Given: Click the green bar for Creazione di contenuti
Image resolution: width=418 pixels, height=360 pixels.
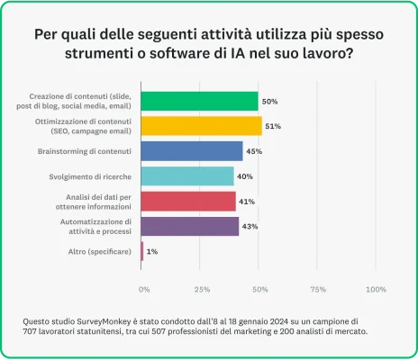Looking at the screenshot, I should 199,101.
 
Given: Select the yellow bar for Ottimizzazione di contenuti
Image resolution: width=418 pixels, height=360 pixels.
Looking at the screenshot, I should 201,126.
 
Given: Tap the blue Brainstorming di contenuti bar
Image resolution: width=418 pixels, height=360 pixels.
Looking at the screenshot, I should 192,151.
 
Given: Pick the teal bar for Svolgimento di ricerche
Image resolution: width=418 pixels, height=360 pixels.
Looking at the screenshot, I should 186,176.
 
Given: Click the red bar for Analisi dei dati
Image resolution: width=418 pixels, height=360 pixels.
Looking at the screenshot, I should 188,201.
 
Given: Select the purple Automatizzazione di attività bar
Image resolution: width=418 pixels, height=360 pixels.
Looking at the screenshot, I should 190,226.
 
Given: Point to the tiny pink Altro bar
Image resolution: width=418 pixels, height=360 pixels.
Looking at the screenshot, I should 142,251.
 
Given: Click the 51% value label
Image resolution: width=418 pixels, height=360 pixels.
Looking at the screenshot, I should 274,126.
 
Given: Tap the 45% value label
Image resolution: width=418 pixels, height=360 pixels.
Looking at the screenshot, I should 254,151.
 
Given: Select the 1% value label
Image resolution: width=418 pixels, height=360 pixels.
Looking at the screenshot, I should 152,251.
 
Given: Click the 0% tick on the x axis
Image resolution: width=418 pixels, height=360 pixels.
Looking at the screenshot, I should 144,290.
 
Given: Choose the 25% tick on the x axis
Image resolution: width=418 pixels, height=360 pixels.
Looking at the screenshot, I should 203,290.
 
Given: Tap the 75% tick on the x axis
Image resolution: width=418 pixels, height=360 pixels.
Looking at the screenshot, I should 318,290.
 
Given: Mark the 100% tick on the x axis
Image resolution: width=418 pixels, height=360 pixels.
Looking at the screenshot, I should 376,290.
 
